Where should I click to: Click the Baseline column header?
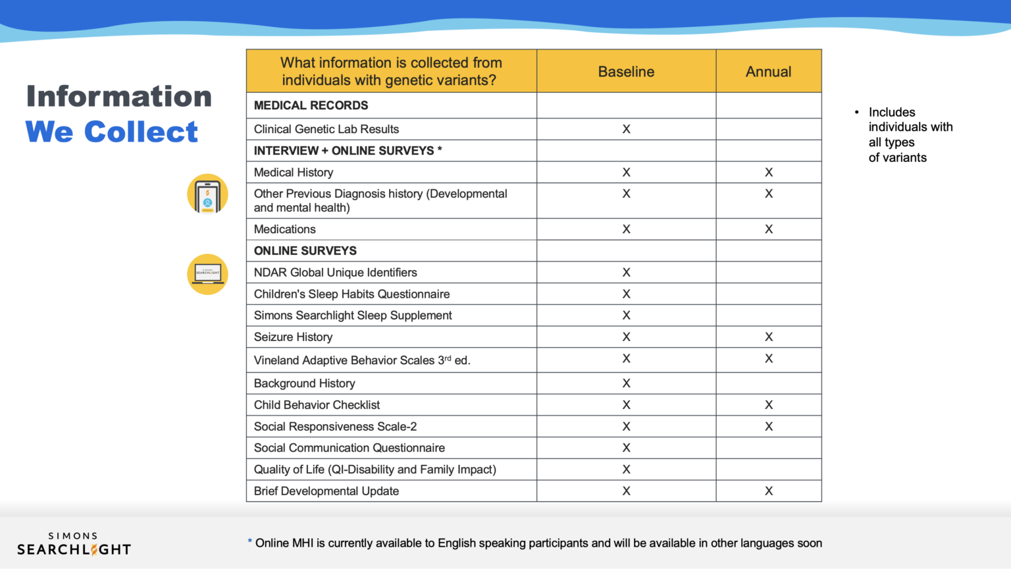pos(626,72)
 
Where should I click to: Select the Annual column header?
pos(768,72)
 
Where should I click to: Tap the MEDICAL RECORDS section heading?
pos(311,105)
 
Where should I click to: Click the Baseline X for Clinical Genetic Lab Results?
pos(626,129)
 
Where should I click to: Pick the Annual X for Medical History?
pos(768,173)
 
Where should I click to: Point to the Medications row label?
pos(284,229)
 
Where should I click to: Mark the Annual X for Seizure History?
pos(768,337)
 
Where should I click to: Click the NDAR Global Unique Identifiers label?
pos(335,273)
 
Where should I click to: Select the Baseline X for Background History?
pos(626,383)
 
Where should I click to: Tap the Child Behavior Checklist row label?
pos(317,405)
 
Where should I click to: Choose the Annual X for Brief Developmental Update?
pos(768,491)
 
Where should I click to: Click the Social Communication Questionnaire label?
pos(349,448)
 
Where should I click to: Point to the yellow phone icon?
pos(207,194)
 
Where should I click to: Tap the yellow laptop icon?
pos(207,274)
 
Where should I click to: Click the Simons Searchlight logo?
pos(74,545)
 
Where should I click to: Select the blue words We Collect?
pos(111,132)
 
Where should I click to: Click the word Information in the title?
pos(118,96)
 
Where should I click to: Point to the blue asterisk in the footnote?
pos(249,541)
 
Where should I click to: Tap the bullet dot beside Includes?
pos(856,113)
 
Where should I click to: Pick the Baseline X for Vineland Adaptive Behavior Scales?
pos(626,359)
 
